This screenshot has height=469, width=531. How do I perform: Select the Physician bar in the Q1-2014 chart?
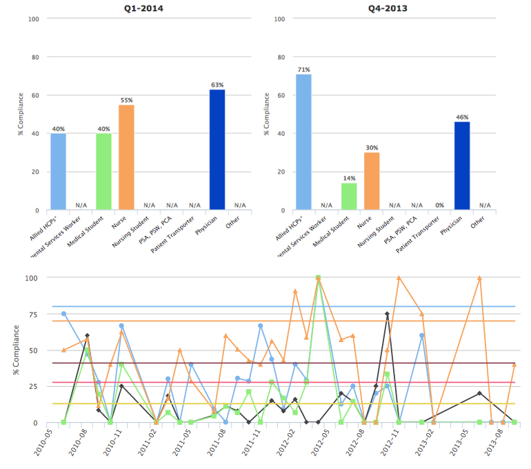tap(217, 149)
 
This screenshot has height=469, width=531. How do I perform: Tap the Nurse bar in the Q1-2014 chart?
tap(126, 157)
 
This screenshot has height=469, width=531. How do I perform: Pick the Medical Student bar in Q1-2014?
tap(103, 171)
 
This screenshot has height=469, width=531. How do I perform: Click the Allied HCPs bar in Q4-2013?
tap(303, 141)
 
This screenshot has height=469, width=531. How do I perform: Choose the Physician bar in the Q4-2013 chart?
tap(462, 166)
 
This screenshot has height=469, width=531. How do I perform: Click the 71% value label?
tap(303, 70)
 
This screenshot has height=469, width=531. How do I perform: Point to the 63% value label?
tap(217, 85)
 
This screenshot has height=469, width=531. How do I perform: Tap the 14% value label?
tap(349, 178)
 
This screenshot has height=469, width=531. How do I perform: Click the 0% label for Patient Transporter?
tap(440, 205)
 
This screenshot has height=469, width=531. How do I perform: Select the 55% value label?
tap(126, 100)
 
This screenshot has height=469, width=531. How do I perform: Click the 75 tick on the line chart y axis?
tap(32, 314)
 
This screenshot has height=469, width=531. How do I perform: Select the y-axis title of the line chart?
tap(16, 350)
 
